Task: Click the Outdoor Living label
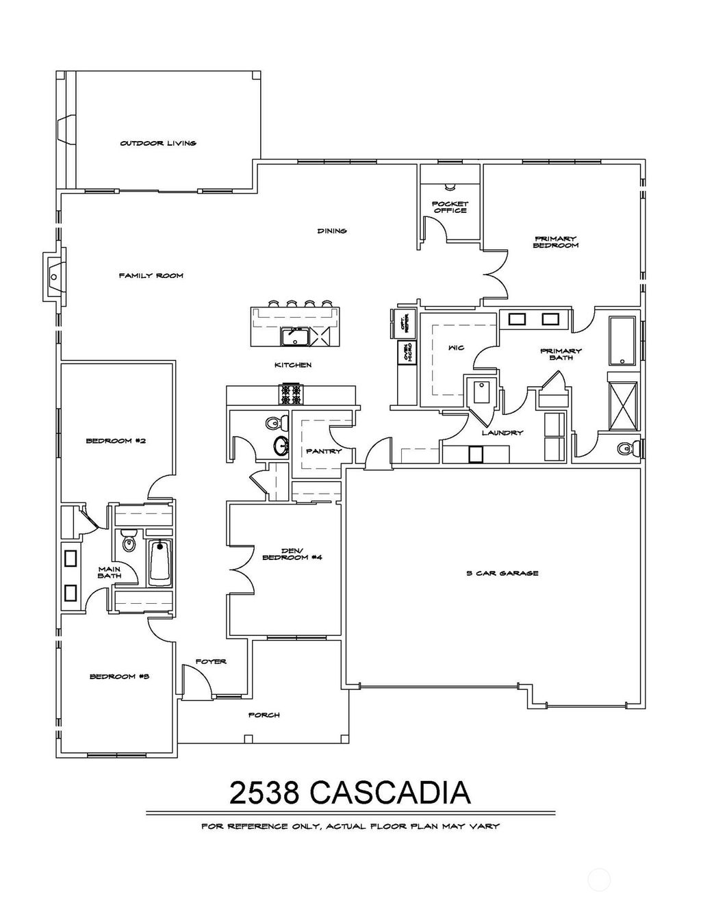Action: (158, 143)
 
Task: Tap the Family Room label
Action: (151, 275)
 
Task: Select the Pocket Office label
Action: (450, 207)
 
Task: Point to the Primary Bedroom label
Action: (555, 242)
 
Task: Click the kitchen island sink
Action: (296, 337)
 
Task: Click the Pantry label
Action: (324, 451)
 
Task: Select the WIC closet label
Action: (456, 348)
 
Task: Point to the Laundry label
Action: (502, 433)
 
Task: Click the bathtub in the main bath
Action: (160, 562)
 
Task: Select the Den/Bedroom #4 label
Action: (292, 553)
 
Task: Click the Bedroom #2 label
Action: (116, 441)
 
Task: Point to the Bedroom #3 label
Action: (119, 676)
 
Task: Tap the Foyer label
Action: (211, 661)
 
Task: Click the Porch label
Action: (264, 715)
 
